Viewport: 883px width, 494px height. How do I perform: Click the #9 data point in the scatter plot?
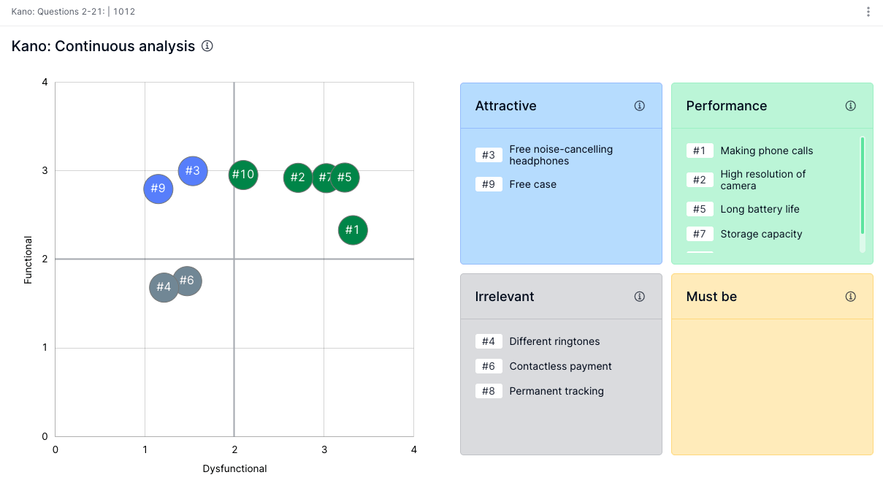click(x=158, y=189)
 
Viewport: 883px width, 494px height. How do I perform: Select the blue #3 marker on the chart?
click(x=193, y=171)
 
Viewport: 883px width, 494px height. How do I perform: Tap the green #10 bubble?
click(x=243, y=175)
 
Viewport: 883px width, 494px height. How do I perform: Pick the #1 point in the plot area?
click(x=353, y=230)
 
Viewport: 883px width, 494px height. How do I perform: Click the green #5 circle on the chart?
click(x=345, y=178)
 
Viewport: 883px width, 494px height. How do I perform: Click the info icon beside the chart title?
click(x=207, y=46)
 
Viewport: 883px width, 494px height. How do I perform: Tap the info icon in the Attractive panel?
click(x=640, y=106)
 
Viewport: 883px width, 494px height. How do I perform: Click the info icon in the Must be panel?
click(x=851, y=297)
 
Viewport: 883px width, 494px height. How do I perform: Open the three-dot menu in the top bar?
click(x=868, y=12)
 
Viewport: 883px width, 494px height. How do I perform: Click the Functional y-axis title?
click(x=28, y=259)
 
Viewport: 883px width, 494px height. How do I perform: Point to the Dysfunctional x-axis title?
click(x=234, y=468)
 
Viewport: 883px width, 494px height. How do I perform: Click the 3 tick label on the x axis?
click(x=324, y=449)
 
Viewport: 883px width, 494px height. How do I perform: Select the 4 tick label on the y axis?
click(x=45, y=83)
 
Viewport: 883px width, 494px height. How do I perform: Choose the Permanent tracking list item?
click(x=557, y=391)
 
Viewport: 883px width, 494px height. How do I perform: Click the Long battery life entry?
click(x=760, y=209)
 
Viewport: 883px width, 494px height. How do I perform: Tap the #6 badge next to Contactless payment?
click(x=489, y=366)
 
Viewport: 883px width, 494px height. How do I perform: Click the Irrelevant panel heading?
click(x=505, y=297)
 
